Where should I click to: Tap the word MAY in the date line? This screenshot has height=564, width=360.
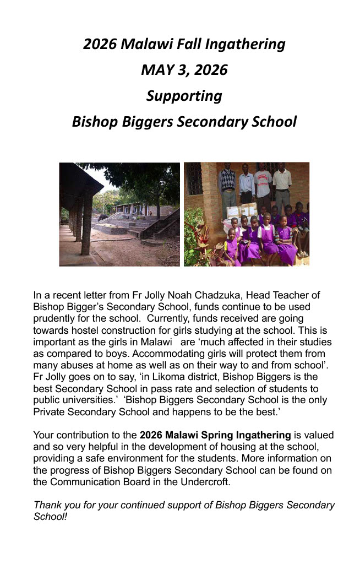coord(156,70)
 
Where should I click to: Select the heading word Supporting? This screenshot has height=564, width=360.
coord(184,96)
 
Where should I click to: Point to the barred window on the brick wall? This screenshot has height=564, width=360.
coord(194,178)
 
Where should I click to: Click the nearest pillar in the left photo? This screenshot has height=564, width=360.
coord(86,220)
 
